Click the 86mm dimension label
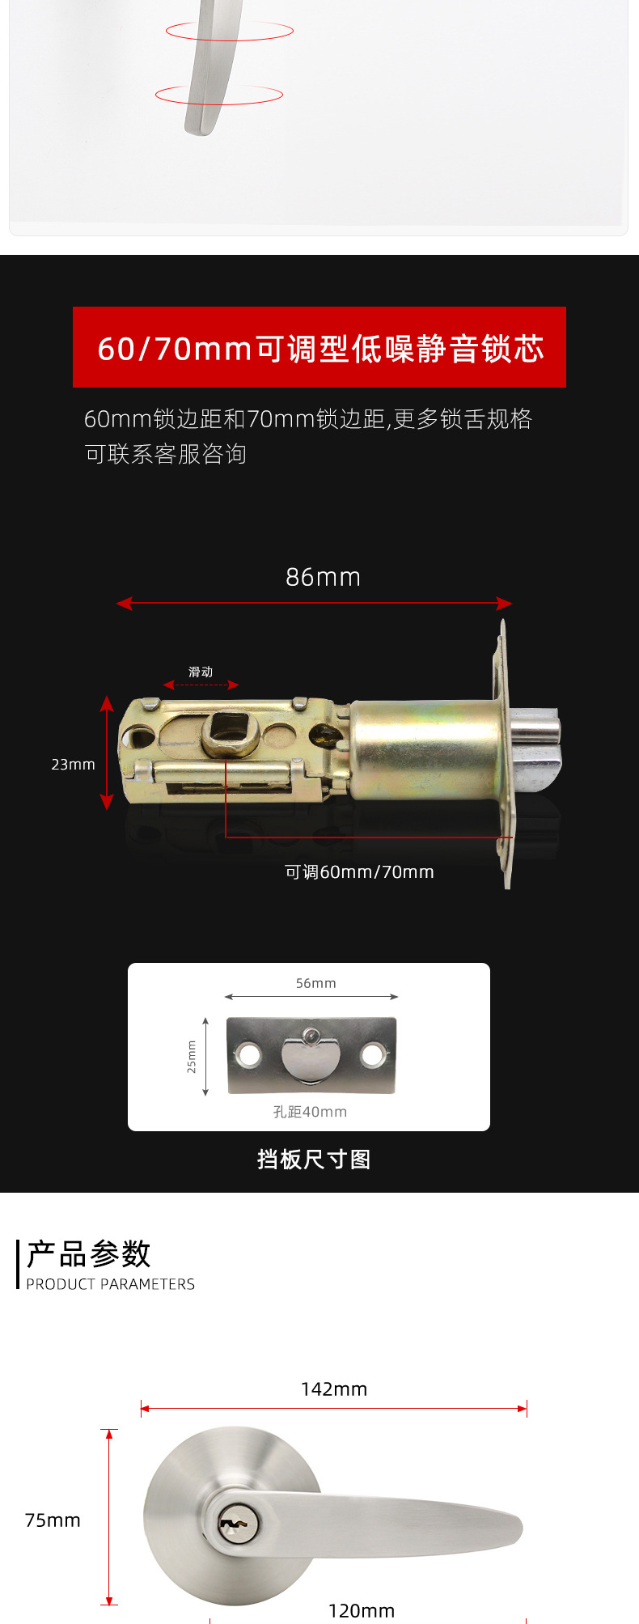coord(323,577)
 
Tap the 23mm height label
coord(73,765)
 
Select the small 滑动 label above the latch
coord(201,672)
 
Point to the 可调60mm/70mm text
coord(359,872)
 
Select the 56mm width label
coord(315,983)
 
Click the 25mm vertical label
coord(192,1057)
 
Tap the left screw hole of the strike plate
coord(248,1054)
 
